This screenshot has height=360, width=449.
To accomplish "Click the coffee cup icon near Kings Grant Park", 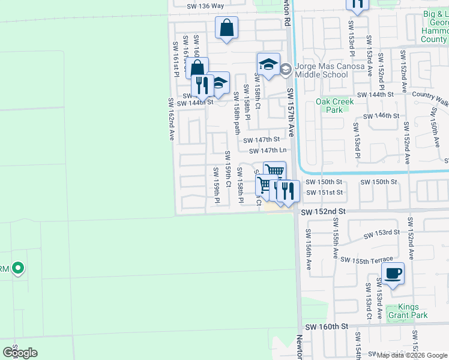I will (x=393, y=274).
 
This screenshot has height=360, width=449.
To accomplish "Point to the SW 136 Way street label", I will (x=205, y=6).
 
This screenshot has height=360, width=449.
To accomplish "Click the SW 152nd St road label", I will (x=324, y=212).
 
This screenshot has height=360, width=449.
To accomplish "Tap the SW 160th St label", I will (x=326, y=327).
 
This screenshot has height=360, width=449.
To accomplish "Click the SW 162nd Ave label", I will (x=171, y=119).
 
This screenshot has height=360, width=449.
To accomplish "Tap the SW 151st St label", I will (x=324, y=193).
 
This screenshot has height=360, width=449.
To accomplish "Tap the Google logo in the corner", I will (x=20, y=352).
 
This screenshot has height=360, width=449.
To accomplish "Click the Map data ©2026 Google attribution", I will (x=412, y=355).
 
